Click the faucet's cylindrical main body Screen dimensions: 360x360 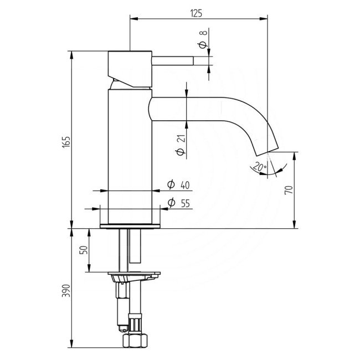point(128,155)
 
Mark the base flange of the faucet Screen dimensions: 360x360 point(130,225)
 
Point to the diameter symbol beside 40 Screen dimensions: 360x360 point(171,184)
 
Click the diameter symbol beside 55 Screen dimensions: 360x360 point(171,203)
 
